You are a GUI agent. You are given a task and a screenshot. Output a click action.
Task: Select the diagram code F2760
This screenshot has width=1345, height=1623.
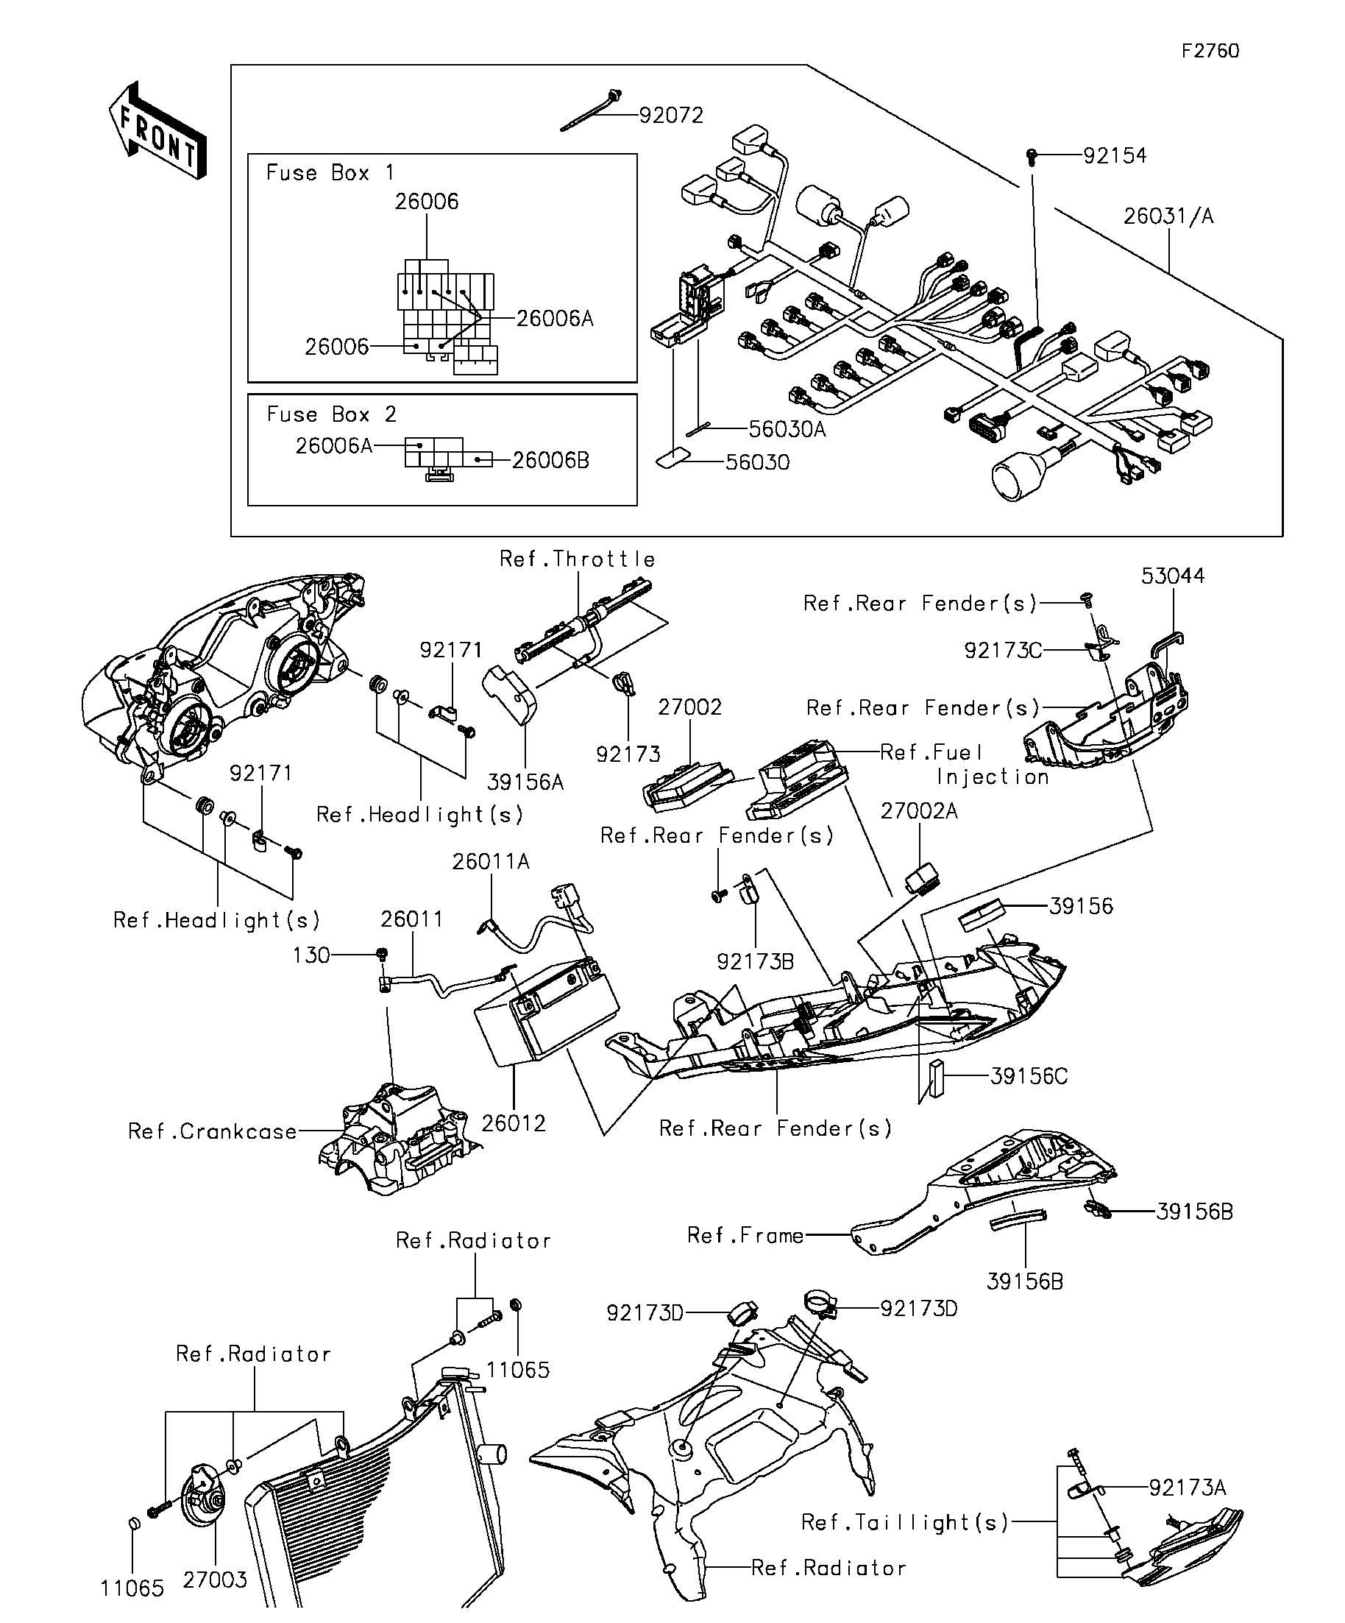[1210, 51]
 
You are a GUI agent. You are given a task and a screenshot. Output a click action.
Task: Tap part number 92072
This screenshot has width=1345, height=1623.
[670, 115]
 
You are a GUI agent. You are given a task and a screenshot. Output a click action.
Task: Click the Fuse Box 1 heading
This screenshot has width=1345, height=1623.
[330, 172]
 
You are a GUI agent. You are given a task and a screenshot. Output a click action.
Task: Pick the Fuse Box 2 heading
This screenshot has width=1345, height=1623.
[331, 414]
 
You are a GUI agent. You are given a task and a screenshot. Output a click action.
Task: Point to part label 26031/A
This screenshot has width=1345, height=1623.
[1168, 216]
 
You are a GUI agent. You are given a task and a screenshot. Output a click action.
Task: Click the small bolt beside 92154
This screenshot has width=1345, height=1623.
[1032, 156]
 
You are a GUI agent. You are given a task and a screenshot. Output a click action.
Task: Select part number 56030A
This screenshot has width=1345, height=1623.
[787, 429]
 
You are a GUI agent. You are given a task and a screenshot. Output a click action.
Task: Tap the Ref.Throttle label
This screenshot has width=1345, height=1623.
[577, 559]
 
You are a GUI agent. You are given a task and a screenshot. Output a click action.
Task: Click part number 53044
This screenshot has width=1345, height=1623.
[1172, 576]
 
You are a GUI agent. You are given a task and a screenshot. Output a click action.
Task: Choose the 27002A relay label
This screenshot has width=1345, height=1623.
[918, 810]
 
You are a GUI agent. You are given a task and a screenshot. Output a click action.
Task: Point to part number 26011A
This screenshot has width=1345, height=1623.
[491, 861]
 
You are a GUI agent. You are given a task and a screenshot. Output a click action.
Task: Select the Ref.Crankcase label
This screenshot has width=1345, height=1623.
[213, 1131]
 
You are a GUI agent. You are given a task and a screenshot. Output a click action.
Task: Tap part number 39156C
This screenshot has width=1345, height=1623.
[1029, 1076]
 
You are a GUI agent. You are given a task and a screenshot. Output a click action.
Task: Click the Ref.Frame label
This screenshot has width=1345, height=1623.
[745, 1235]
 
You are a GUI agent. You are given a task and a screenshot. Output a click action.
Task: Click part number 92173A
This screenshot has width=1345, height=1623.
[1187, 1487]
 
